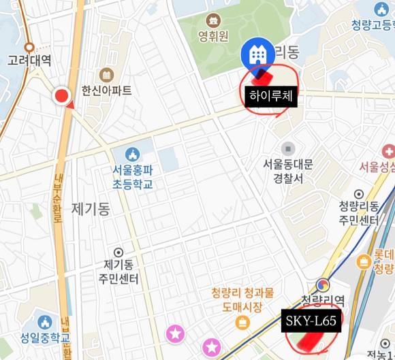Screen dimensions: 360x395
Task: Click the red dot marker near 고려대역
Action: coord(63,97)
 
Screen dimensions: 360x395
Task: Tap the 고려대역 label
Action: coord(29,60)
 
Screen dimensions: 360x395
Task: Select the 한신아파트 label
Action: coord(106,89)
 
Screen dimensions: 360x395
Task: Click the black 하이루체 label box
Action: coord(271,96)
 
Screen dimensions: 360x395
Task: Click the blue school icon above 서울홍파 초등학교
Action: coord(133,154)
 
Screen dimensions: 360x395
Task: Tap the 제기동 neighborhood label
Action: coord(90,210)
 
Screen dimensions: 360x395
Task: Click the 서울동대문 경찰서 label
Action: coord(288,170)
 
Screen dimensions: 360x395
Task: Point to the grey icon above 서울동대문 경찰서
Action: coord(288,148)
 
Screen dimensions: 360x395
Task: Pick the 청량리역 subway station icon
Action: coord(322,286)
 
